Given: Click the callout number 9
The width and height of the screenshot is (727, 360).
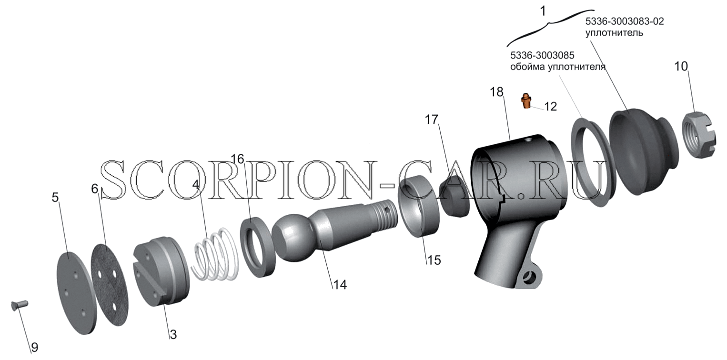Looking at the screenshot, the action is [34, 347].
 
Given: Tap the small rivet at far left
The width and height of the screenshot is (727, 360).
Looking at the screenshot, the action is [20, 305].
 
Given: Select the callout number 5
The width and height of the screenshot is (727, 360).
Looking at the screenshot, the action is [55, 197].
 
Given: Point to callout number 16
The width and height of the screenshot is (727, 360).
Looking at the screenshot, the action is [237, 159].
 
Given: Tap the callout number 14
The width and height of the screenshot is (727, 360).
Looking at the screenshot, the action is [340, 284].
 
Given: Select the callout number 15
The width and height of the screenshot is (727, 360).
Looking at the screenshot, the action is [434, 260].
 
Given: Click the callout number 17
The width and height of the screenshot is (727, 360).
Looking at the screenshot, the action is [432, 120].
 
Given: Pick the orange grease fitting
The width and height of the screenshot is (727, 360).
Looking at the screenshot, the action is [526, 101].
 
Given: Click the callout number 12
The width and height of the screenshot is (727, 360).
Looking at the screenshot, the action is [550, 106].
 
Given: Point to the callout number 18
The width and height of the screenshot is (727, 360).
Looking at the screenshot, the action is [496, 92].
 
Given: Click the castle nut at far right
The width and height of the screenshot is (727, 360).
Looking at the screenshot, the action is [699, 135].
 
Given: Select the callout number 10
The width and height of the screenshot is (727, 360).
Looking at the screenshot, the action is [681, 66].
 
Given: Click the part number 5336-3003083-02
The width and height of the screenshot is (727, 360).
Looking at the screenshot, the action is [625, 21].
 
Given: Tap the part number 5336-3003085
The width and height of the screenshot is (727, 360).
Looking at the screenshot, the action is [542, 55].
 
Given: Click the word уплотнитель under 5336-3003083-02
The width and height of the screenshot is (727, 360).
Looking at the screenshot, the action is [614, 33].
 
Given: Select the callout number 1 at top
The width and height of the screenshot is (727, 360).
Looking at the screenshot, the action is [543, 11].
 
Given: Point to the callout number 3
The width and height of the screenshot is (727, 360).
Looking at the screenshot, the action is [173, 334].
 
